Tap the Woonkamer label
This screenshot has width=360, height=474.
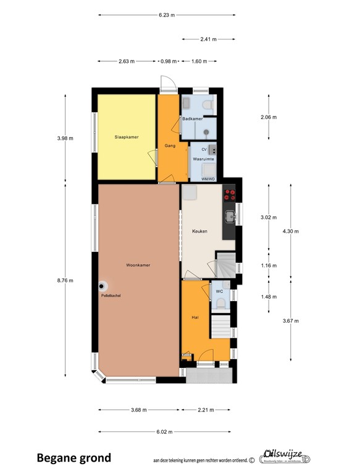[x=138, y=265]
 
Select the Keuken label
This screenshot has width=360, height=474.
[x=199, y=231]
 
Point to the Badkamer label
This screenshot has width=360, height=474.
[x=192, y=118]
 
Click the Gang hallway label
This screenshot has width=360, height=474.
[x=170, y=146]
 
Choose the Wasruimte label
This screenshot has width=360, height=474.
[x=204, y=159]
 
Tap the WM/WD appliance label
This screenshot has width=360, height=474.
[x=208, y=179]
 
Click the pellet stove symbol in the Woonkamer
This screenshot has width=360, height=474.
[x=103, y=286]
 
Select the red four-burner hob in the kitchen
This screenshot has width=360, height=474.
[x=230, y=195]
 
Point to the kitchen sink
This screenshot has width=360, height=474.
[x=230, y=215]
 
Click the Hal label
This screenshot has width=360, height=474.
[x=195, y=317]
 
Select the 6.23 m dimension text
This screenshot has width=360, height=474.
[x=167, y=15]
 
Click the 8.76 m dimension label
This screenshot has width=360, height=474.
[x=65, y=280]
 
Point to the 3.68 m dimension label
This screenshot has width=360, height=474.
[x=139, y=409]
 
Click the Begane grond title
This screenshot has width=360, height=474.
[x=74, y=458]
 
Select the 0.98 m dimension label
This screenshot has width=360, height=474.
[x=168, y=61]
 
